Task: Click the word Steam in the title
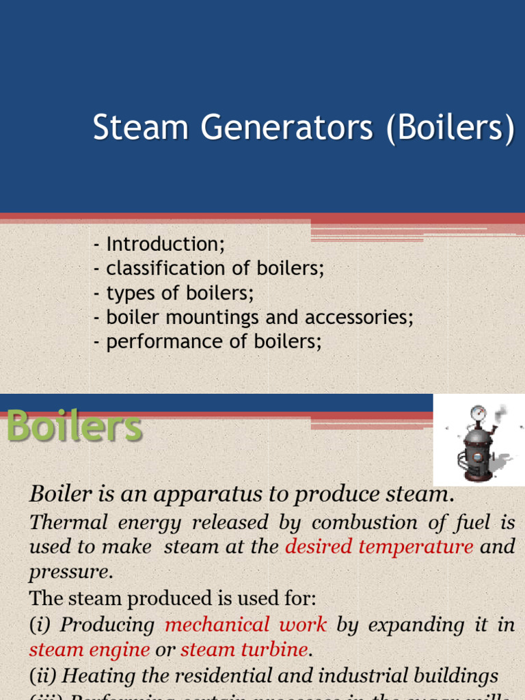click(130, 129)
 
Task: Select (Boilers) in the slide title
click(450, 130)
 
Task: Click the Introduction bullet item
click(165, 244)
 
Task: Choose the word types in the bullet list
click(129, 293)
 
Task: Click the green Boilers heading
click(74, 429)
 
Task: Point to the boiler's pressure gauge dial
click(479, 414)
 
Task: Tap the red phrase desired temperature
click(379, 547)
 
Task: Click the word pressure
click(69, 571)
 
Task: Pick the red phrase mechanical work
click(246, 625)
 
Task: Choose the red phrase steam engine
click(90, 649)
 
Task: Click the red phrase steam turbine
click(244, 649)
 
